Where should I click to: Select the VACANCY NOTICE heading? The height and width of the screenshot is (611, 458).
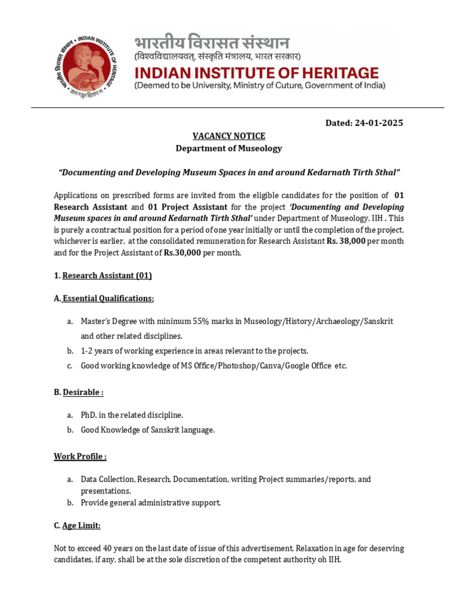[x=228, y=136]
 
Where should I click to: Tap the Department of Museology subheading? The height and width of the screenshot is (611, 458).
[x=228, y=148]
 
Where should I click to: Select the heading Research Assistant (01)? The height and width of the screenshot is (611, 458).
[x=107, y=275]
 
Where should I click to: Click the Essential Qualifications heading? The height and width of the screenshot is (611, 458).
[x=108, y=298]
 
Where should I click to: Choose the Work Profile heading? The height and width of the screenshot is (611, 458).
[x=81, y=456]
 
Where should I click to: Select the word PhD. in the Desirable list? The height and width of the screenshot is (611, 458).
[x=90, y=415]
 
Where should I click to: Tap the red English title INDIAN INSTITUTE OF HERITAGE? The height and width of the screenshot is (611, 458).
[x=256, y=73]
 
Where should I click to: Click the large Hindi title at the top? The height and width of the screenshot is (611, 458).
[x=212, y=43]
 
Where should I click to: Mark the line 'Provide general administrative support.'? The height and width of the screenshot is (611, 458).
[x=151, y=502]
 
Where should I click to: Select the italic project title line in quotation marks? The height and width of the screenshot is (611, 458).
[x=228, y=172]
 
